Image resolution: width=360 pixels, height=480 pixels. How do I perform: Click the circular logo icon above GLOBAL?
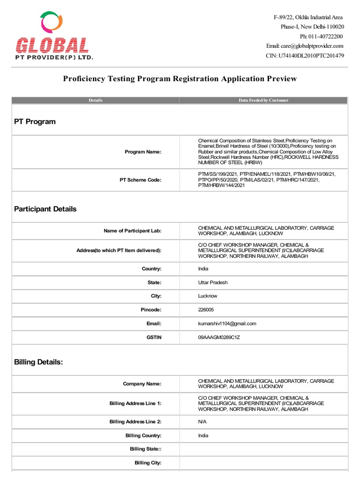pyautogui.click(x=51, y=24)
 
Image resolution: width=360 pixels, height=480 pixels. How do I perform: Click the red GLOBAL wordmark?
pyautogui.click(x=52, y=46)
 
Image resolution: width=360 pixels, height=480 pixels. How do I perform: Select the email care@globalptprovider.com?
pyautogui.click(x=312, y=45)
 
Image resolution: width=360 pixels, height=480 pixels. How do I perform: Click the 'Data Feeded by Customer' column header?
pyautogui.click(x=263, y=100)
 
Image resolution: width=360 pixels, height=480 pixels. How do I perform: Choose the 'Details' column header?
pyautogui.click(x=96, y=100)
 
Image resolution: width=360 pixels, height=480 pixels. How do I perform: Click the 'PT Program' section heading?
pyautogui.click(x=35, y=121)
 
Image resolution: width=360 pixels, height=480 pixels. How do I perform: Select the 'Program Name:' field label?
pyautogui.click(x=143, y=152)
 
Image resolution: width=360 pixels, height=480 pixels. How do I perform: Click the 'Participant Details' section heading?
pyautogui.click(x=45, y=209)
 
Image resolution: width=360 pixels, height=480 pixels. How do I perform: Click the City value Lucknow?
pyautogui.click(x=208, y=296)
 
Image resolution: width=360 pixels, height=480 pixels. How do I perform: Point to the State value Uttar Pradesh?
pyautogui.click(x=213, y=283)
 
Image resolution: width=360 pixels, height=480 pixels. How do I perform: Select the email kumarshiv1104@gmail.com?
pyautogui.click(x=227, y=323)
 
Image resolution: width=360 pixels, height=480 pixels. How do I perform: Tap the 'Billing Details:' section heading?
pyautogui.click(x=38, y=362)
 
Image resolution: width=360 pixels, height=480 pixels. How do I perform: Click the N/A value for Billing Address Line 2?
pyautogui.click(x=202, y=422)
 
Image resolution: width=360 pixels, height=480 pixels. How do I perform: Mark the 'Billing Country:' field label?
pyautogui.click(x=143, y=435)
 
